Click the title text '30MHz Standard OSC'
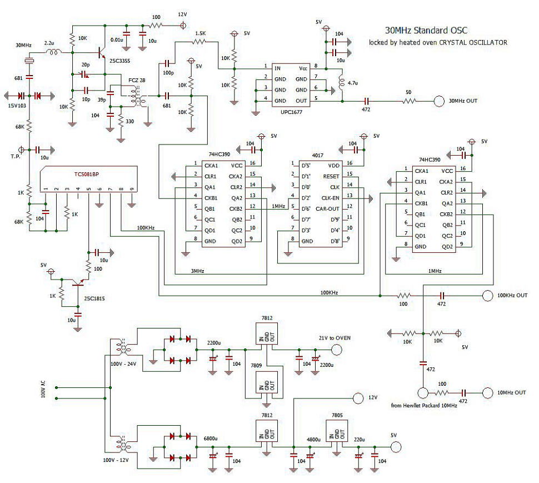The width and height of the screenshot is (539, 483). coord(426,30)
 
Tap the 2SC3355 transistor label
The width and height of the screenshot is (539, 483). coord(119,61)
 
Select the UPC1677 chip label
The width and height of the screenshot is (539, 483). coord(291,112)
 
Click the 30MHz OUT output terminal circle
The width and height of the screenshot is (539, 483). coord(439,101)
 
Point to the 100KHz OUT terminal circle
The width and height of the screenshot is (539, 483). coord(487,296)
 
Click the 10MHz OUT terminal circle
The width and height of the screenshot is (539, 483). coord(487,392)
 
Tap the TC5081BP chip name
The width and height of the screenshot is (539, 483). coord(87,175)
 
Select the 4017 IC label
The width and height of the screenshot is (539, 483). coord(318,156)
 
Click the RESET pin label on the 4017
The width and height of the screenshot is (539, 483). coord(331,176)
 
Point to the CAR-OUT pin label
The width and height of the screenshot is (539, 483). coord(327,208)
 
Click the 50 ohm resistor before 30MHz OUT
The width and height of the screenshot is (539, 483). coord(409,101)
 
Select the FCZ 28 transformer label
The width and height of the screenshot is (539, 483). coord(137,81)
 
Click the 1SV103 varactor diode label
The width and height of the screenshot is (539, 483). coord(17,106)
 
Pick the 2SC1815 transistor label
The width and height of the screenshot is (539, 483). coord(94,298)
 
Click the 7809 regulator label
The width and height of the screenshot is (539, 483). coord(256,365)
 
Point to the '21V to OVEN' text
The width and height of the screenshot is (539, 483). coord(335,338)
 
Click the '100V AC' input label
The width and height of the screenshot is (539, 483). coord(43,389)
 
